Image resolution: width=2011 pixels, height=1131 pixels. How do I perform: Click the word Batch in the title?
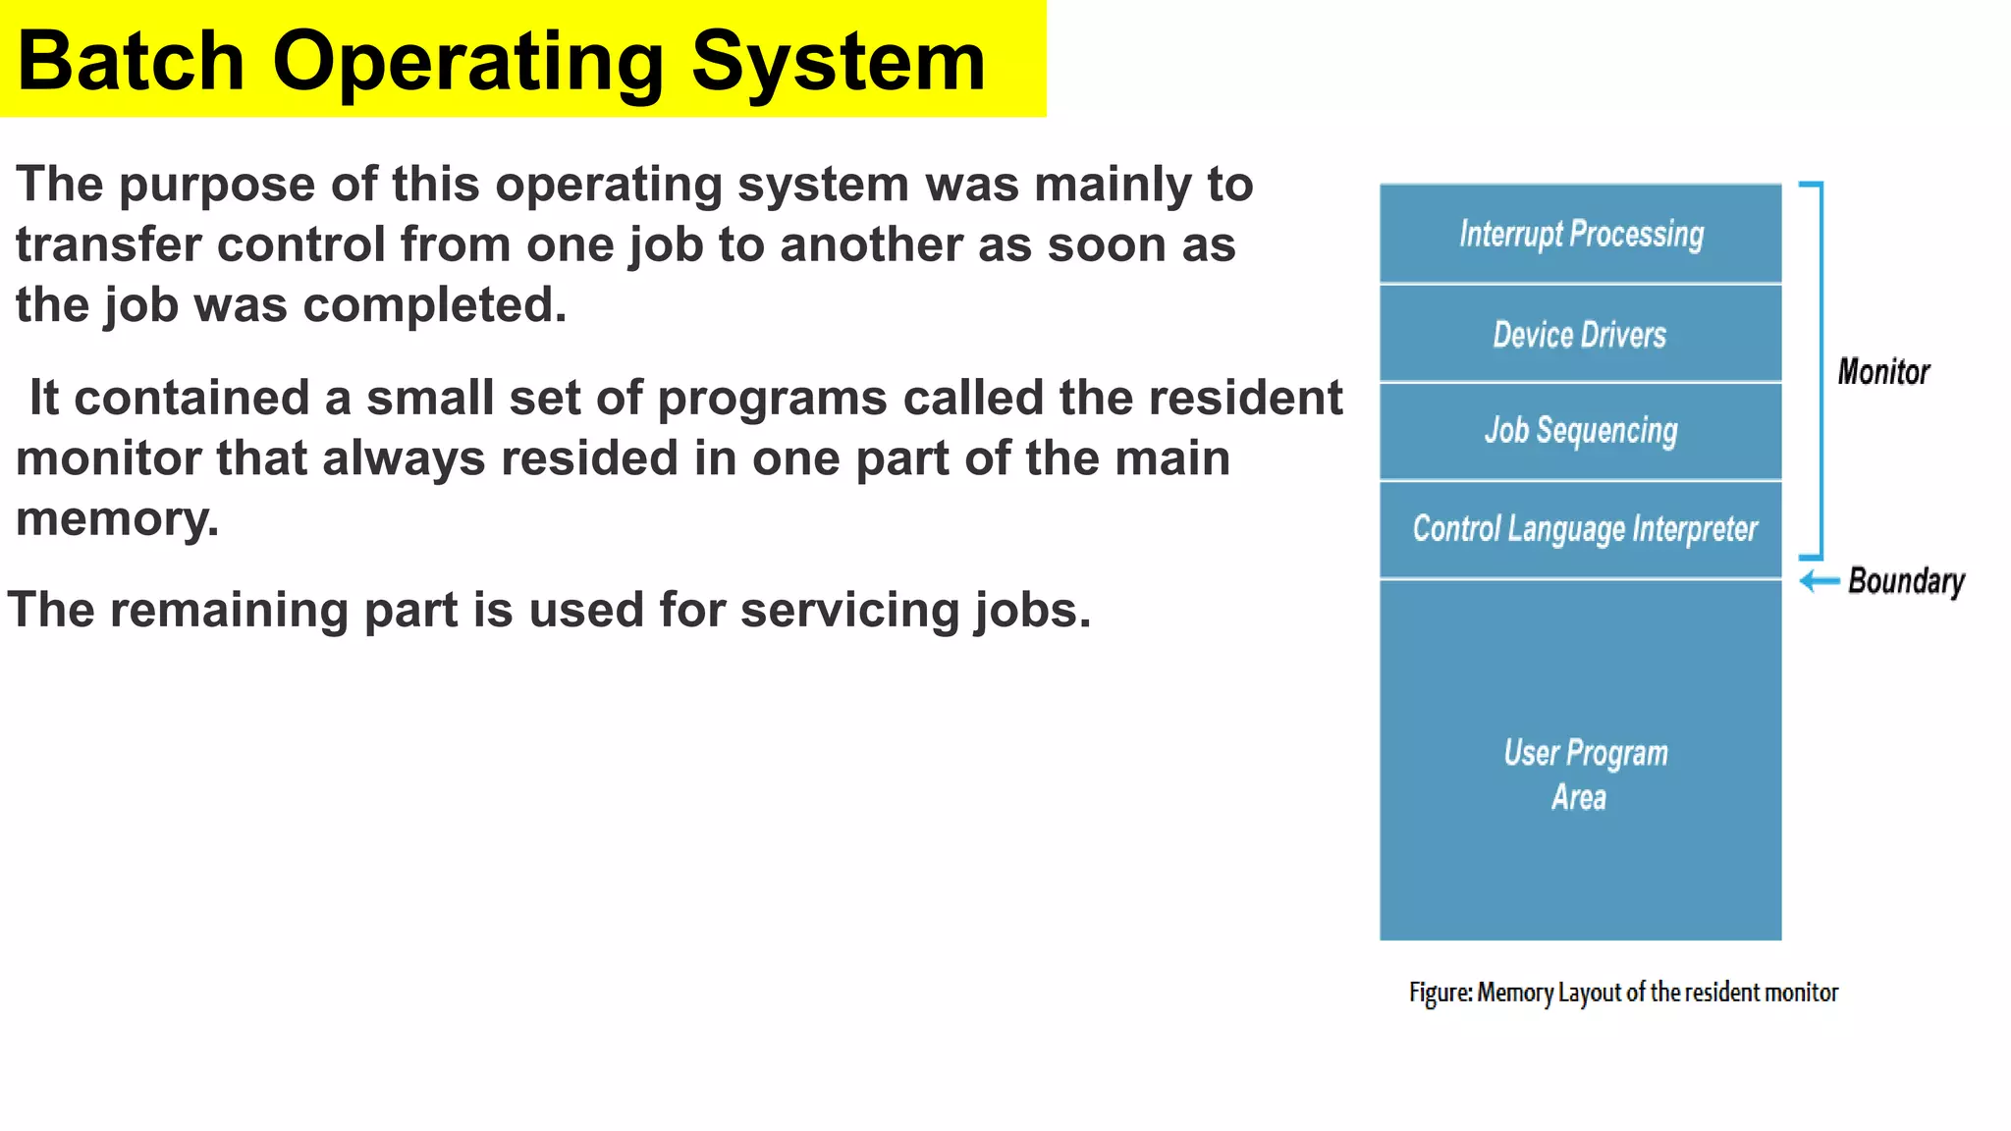(x=131, y=61)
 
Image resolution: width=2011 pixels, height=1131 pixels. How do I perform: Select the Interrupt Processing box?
(x=1580, y=234)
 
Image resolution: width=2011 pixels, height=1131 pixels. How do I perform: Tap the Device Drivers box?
(x=1580, y=335)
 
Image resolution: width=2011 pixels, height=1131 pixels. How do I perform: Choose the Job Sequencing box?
(x=1580, y=430)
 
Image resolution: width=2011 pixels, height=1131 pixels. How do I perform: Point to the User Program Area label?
(x=1584, y=774)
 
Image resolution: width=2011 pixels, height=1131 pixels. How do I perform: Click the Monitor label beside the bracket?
(x=1882, y=372)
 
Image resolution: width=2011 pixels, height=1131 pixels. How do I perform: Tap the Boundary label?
(x=1906, y=581)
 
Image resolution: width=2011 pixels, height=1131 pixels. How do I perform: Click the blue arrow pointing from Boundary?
(x=1820, y=581)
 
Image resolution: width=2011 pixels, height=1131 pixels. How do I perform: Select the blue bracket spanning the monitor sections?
(x=1821, y=370)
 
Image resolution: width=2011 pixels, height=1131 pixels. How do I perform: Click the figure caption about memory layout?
(x=1623, y=993)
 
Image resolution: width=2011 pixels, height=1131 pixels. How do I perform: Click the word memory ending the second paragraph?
(x=116, y=518)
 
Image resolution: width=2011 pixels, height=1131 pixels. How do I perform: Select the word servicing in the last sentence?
(x=849, y=610)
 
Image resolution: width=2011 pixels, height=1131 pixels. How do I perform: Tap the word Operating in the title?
(x=467, y=61)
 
